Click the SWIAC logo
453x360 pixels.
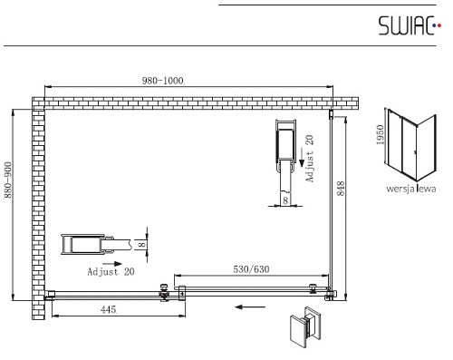[410, 25]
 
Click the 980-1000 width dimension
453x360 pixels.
[163, 81]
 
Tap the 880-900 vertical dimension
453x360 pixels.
[7, 180]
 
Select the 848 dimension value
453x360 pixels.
[341, 189]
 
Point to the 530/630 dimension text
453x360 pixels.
[251, 269]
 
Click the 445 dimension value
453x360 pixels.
[109, 309]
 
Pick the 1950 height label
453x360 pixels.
[380, 135]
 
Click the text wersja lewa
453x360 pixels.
[411, 189]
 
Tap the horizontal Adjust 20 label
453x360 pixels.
[111, 271]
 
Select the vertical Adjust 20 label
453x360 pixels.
[310, 159]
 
